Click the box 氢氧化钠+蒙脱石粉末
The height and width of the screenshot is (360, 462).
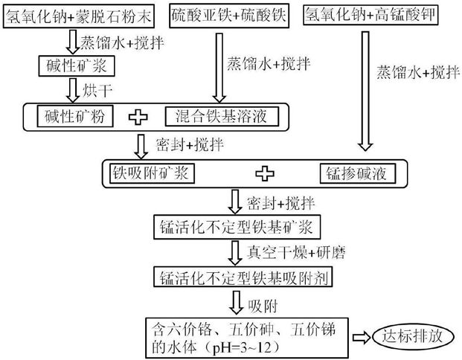79,16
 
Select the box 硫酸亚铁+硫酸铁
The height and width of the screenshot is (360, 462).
229,16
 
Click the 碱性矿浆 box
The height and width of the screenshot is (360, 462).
77,65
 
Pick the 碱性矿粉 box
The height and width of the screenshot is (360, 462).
75,116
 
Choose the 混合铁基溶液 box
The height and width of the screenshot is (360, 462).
222,116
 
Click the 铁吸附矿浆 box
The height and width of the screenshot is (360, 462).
152,173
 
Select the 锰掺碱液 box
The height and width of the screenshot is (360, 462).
357,173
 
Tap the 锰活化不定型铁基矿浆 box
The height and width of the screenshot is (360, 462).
237,227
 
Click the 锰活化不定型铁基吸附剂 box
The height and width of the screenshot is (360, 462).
243,277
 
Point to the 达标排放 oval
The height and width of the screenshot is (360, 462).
412,336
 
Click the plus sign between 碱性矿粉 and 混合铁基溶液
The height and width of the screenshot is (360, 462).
138,117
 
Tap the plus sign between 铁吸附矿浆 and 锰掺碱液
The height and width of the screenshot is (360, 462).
265,173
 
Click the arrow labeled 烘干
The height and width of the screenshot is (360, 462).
72,90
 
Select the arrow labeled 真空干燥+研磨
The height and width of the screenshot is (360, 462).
235,253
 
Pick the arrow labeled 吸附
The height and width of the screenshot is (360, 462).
236,303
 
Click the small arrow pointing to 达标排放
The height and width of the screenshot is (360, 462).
362,338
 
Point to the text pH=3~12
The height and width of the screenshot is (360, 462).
238,349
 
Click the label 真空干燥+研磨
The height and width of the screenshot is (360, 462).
296,253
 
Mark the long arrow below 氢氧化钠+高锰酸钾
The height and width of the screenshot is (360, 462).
365,91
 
